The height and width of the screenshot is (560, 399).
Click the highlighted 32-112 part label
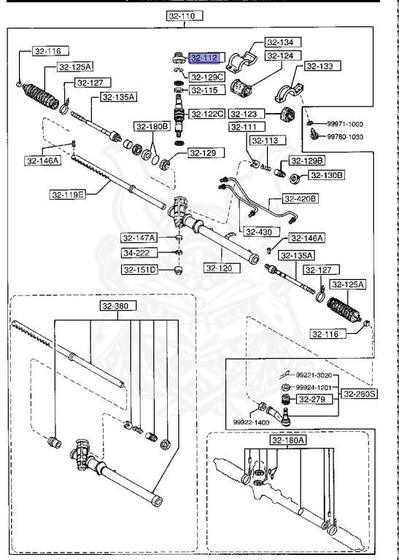point(205,58)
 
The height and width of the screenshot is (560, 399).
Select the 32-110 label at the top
point(185,16)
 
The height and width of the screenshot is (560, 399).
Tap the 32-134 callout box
point(283,42)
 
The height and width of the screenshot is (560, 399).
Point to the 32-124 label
point(283,55)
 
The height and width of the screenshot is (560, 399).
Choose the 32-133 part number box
point(323,66)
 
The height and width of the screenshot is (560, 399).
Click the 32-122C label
point(207,114)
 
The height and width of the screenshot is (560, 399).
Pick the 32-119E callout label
point(67,195)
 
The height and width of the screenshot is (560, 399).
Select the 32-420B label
point(301,198)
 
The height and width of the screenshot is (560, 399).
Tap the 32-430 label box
point(259,232)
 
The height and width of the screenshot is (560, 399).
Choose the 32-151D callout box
point(139,269)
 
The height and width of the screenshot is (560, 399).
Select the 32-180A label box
point(288,440)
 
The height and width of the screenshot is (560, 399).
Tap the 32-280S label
point(360,394)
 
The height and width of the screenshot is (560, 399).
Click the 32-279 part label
point(312,399)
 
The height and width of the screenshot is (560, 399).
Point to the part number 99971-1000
point(345,124)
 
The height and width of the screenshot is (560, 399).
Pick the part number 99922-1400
point(252,422)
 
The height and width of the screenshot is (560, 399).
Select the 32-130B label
point(328,175)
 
